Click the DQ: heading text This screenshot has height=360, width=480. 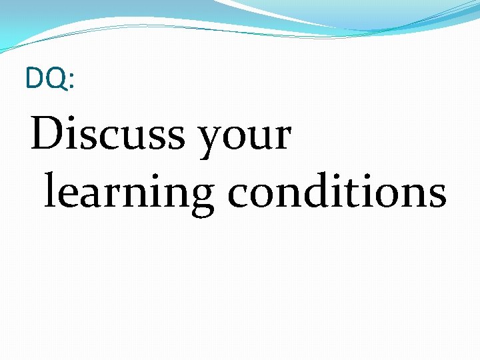click(x=50, y=79)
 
